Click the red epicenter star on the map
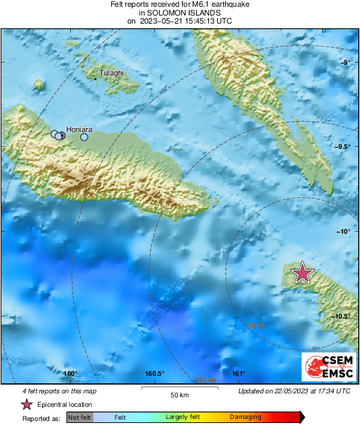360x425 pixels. pos(303,273)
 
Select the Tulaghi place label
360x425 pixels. pos(111,73)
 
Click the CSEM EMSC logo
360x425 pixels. pos(326,367)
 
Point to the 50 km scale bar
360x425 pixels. pos(178,389)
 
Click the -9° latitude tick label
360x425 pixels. pos(344,63)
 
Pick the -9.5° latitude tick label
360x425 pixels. pos(342,147)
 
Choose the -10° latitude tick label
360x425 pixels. pos(344,232)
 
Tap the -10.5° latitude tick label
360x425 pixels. pos(342,316)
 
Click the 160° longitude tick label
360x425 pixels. pos(70,374)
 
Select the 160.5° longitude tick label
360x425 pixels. pos(155,374)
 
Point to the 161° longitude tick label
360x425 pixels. pos(238,374)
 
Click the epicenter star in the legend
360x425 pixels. pos(26,405)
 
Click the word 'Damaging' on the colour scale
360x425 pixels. pos(245,418)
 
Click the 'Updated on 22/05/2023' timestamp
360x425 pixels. pos(295,391)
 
